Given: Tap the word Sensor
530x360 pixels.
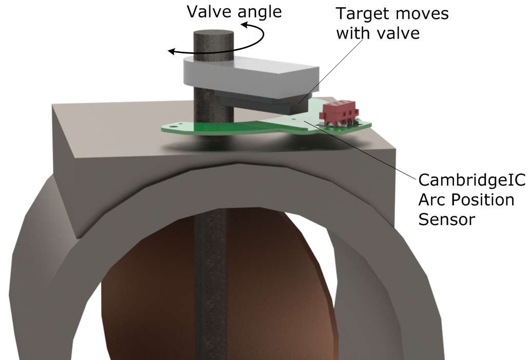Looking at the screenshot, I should pyautogui.click(x=447, y=219).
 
